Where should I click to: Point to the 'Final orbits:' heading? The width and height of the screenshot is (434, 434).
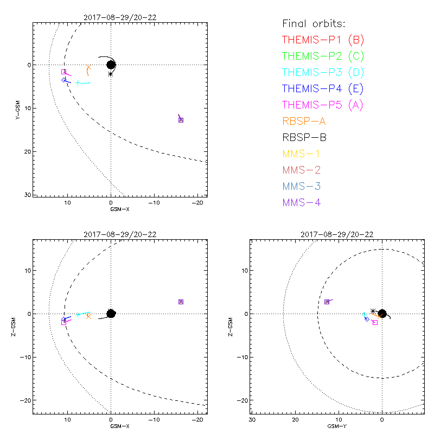pyautogui.click(x=314, y=23)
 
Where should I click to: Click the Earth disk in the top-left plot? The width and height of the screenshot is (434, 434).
pyautogui.click(x=111, y=65)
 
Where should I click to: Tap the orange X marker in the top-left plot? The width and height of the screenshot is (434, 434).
pyautogui.click(x=88, y=67)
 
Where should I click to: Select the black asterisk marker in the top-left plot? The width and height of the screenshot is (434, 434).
pyautogui.click(x=111, y=74)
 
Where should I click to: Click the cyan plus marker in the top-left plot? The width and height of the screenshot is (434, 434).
pyautogui.click(x=78, y=83)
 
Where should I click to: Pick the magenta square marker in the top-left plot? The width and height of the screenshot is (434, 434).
pyautogui.click(x=63, y=72)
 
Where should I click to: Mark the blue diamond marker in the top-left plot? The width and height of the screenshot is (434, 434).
pyautogui.click(x=64, y=80)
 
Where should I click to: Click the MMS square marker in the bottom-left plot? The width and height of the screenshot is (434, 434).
pyautogui.click(x=181, y=302)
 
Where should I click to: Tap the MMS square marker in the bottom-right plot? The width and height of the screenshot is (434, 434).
pyautogui.click(x=327, y=302)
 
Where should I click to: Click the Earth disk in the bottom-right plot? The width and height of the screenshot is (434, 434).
pyautogui.click(x=382, y=314)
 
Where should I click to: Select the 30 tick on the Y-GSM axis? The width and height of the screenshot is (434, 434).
pyautogui.click(x=27, y=194)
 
